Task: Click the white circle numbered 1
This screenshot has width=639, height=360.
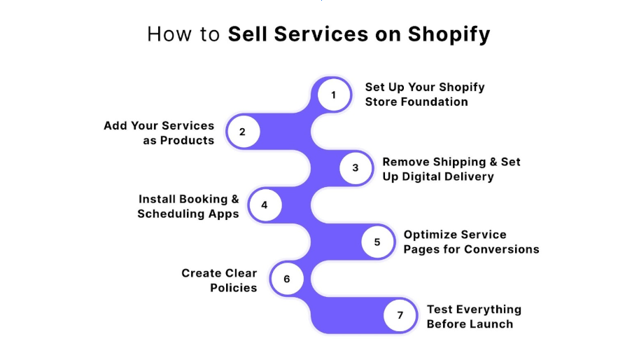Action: (334, 95)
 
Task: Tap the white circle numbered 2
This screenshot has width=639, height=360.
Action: (242, 132)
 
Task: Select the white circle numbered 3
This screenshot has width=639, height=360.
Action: (356, 168)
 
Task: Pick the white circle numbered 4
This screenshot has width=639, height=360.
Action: (264, 205)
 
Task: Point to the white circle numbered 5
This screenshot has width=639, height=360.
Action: (377, 242)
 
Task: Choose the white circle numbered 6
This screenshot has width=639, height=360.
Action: (286, 279)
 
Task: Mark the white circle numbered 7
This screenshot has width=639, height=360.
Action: (400, 315)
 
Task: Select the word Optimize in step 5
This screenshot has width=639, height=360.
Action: (430, 235)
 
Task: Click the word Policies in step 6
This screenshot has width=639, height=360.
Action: (234, 287)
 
